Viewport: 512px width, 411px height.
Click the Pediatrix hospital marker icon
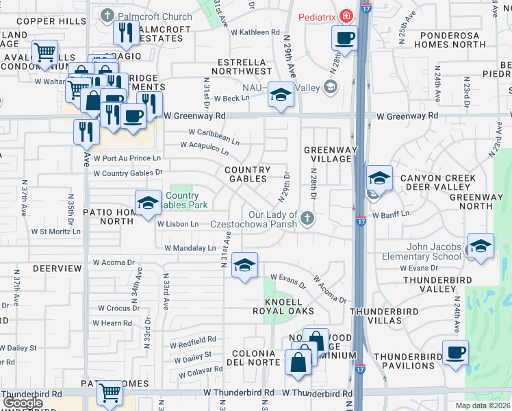point(347,15)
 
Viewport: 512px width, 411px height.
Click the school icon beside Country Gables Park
point(148,203)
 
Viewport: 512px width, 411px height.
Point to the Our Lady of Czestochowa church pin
point(308,219)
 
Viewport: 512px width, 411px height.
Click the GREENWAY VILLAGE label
point(327,154)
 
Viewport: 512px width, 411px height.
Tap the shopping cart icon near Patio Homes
point(110,392)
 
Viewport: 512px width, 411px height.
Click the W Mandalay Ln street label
point(190,248)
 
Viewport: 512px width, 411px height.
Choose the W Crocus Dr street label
point(118,308)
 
